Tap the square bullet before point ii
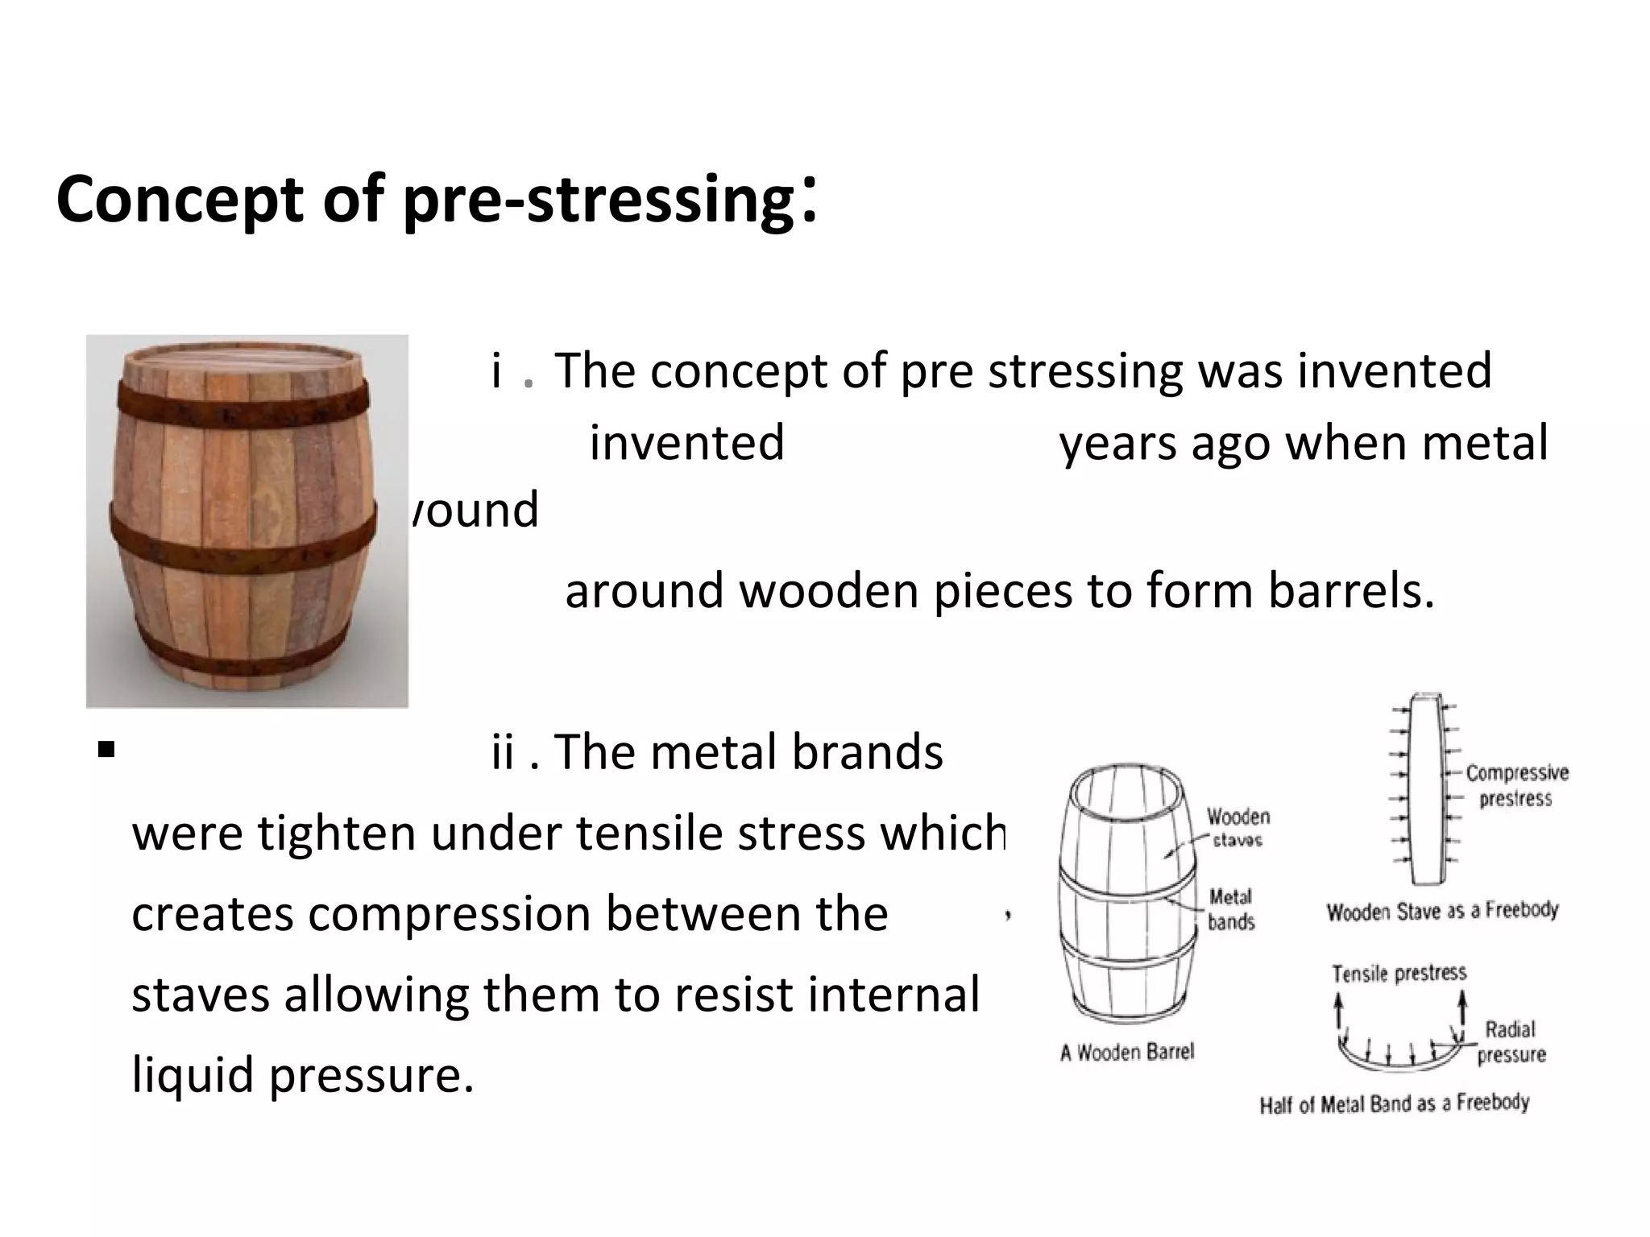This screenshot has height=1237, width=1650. pyautogui.click(x=106, y=751)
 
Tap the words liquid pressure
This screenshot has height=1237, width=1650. pyautogui.click(x=302, y=1075)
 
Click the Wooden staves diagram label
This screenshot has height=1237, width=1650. pyautogui.click(x=1237, y=828)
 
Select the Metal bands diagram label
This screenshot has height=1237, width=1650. pyautogui.click(x=1230, y=908)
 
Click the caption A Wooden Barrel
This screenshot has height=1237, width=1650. pyautogui.click(x=1127, y=1052)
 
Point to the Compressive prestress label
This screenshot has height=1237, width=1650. pyautogui.click(x=1516, y=785)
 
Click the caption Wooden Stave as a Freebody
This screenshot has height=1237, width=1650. pyautogui.click(x=1442, y=911)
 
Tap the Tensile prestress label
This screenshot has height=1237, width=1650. pyautogui.click(x=1399, y=974)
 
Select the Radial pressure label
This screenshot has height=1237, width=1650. pyautogui.click(x=1511, y=1041)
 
